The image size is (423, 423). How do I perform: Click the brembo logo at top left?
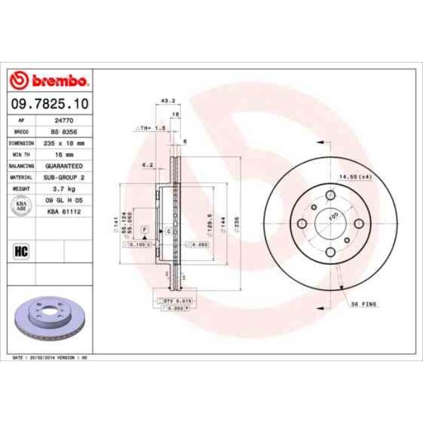[x=49, y=81]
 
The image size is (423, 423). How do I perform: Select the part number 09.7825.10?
[x=49, y=103]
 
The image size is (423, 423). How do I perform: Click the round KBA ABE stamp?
[x=20, y=206]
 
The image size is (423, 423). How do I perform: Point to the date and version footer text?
[x=51, y=358]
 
